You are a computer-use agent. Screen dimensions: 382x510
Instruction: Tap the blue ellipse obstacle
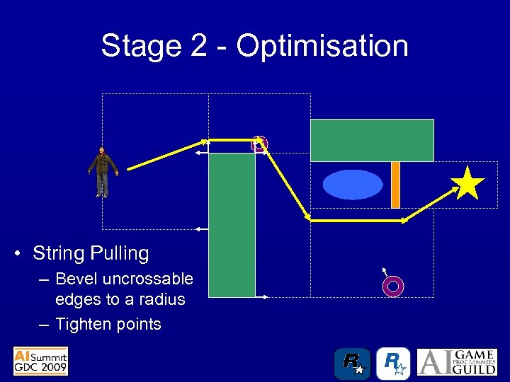(x=352, y=185)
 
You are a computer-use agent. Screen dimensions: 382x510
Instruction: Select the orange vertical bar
(x=395, y=185)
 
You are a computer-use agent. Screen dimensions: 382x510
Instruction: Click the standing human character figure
(x=103, y=172)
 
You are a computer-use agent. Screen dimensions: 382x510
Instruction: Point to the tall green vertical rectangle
(x=232, y=224)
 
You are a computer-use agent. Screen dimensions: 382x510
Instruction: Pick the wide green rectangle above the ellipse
(x=372, y=140)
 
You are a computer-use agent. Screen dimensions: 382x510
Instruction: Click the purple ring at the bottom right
(x=392, y=286)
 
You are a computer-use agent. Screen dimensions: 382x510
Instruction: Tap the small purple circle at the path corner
(x=259, y=144)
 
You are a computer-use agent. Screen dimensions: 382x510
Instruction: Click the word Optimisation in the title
(x=322, y=46)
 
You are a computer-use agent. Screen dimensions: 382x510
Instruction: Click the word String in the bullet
(x=57, y=253)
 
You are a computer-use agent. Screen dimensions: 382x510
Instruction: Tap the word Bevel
(x=76, y=279)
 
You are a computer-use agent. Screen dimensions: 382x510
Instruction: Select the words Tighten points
(x=108, y=324)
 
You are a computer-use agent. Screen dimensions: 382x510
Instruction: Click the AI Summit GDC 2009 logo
(x=40, y=361)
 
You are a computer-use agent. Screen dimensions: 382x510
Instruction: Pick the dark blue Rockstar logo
(x=352, y=363)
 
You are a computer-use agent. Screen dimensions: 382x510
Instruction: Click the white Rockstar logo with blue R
(x=392, y=363)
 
